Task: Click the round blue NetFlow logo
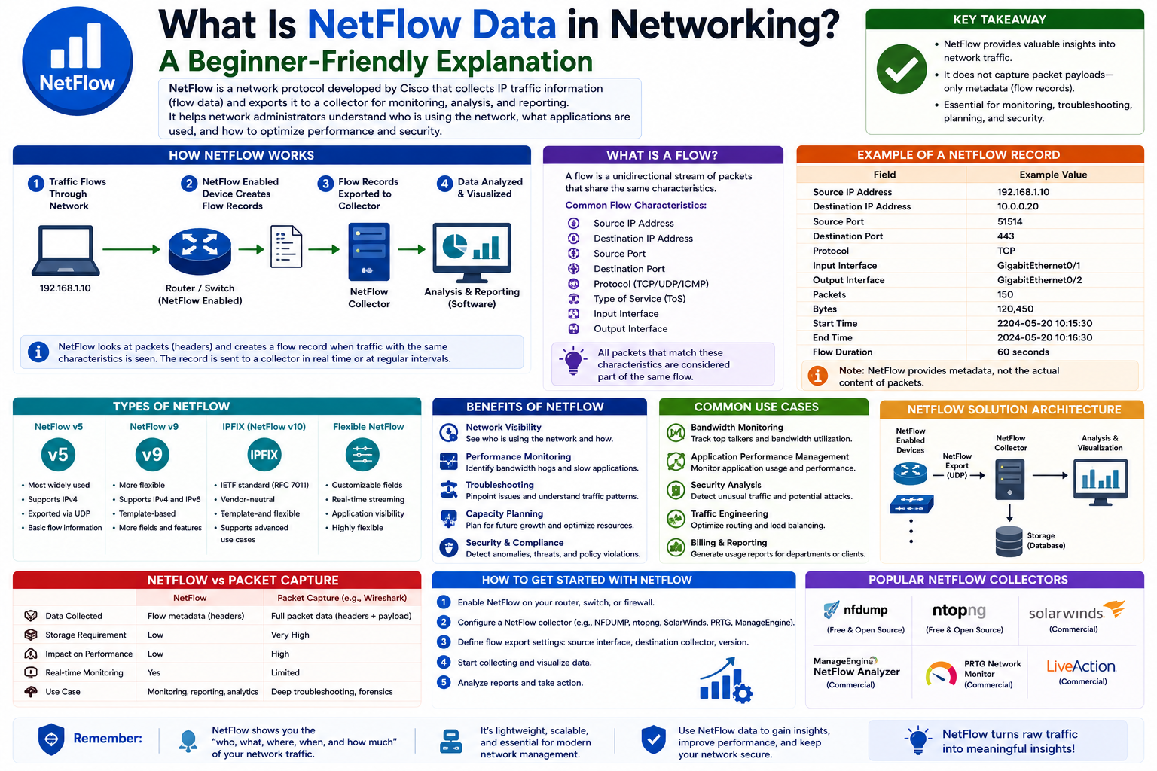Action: pyautogui.click(x=78, y=61)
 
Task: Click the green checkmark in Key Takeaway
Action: pyautogui.click(x=902, y=69)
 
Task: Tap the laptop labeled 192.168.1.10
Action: pyautogui.click(x=66, y=251)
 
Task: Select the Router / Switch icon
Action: pyautogui.click(x=200, y=251)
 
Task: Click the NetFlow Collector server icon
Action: pyautogui.click(x=369, y=251)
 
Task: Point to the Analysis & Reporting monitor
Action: pyautogui.click(x=472, y=252)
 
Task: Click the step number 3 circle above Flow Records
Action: pyautogui.click(x=325, y=183)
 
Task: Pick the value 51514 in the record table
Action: pyautogui.click(x=1010, y=221)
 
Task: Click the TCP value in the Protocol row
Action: pyautogui.click(x=1006, y=251)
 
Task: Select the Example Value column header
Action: pyautogui.click(x=1053, y=175)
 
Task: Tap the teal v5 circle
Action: pyautogui.click(x=58, y=455)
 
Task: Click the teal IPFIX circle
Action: pyautogui.click(x=264, y=455)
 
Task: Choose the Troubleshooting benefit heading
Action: pyautogui.click(x=499, y=485)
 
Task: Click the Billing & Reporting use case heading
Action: pyautogui.click(x=729, y=543)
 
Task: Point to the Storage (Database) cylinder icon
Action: pyautogui.click(x=1009, y=541)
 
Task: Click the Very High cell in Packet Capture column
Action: pyautogui.click(x=290, y=635)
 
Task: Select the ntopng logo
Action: pyautogui.click(x=959, y=611)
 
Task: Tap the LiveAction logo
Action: pyautogui.click(x=1081, y=666)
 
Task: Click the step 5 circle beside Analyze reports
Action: pyautogui.click(x=444, y=682)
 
